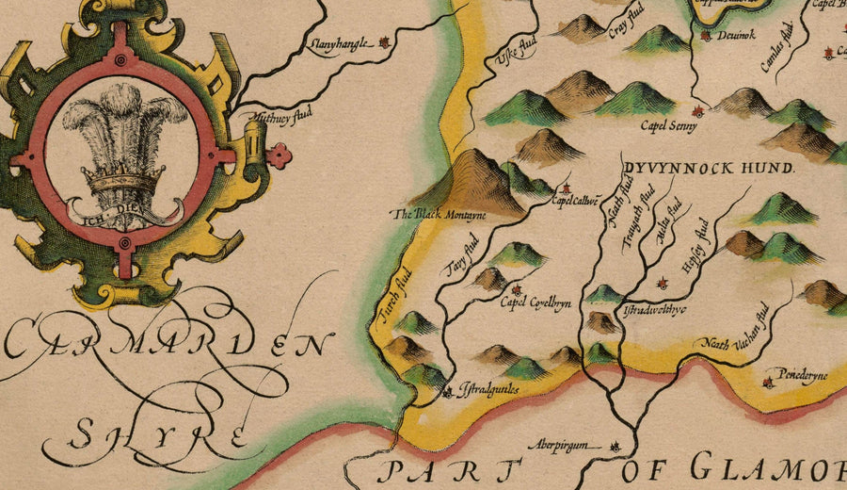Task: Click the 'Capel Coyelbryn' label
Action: click(535, 303)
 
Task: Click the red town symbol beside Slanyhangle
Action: click(384, 42)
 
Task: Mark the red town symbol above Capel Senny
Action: click(697, 110)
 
